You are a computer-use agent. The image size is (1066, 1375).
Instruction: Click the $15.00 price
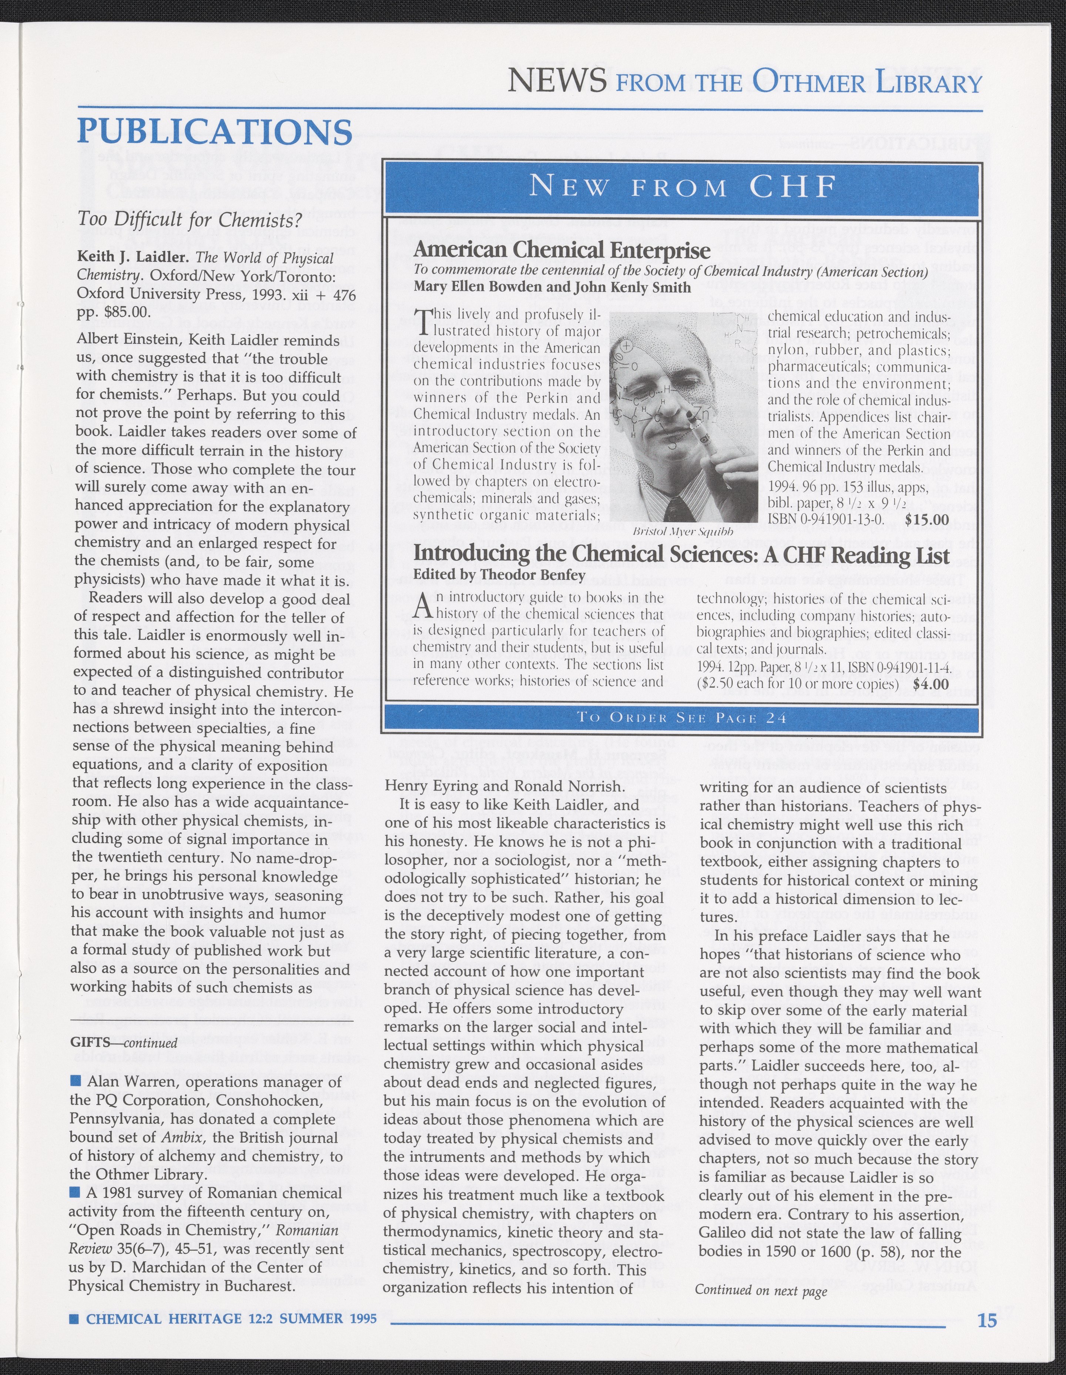click(926, 519)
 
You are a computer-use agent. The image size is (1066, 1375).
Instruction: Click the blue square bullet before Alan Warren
click(76, 1082)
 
